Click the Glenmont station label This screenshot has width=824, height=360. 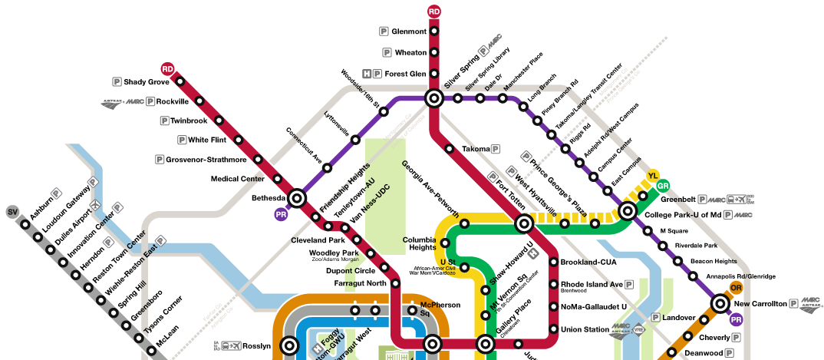(409, 31)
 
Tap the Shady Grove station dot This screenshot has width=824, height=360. (180, 81)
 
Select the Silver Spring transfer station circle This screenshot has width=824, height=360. (433, 98)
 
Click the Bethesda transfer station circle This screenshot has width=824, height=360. (297, 198)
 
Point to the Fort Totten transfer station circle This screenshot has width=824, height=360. (524, 224)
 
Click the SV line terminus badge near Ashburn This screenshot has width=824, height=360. (12, 212)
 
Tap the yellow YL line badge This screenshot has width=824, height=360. (653, 177)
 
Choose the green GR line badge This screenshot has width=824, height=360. (664, 186)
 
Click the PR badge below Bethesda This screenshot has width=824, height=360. (281, 214)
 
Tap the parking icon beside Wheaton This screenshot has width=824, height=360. (386, 52)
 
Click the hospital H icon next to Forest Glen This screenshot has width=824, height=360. (367, 74)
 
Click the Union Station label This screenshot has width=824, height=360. (585, 330)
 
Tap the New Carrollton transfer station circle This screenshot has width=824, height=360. (720, 304)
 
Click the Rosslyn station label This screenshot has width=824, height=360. (256, 346)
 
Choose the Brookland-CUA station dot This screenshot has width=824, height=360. (554, 263)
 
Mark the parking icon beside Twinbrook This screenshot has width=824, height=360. (164, 121)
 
